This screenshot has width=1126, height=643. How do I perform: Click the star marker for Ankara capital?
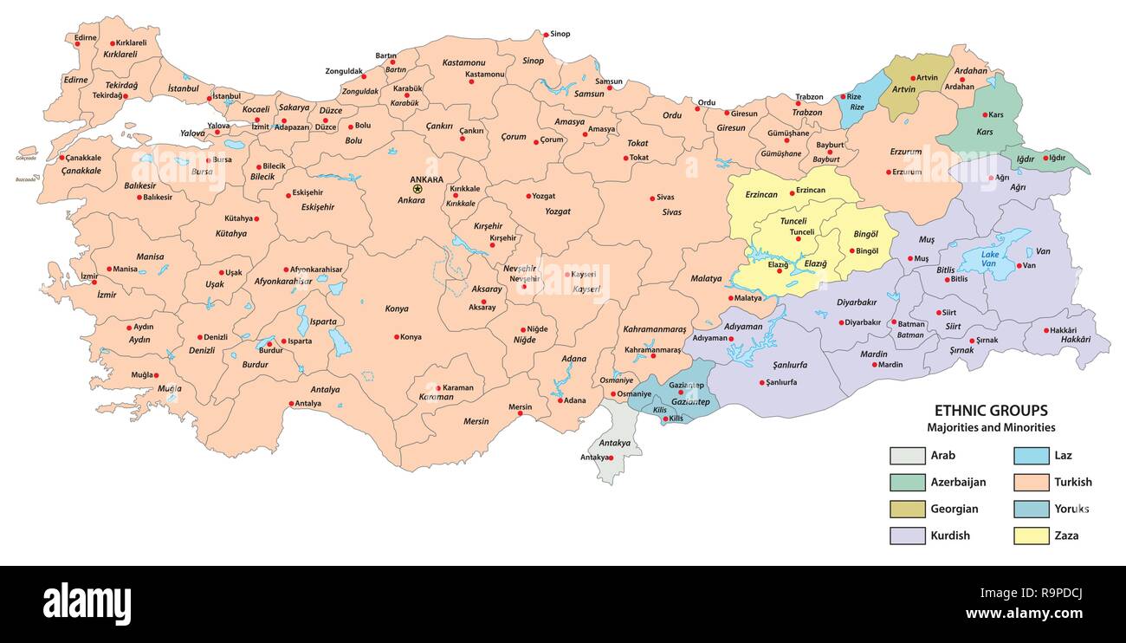coord(417,189)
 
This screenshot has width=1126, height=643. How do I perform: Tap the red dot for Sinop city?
coord(545,35)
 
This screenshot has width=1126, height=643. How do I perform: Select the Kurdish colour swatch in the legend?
coord(903,536)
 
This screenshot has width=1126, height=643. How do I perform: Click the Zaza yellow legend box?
coord(1026,536)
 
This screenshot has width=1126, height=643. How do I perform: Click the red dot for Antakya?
coord(611,458)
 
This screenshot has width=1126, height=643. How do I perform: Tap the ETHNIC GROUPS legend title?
coord(990,411)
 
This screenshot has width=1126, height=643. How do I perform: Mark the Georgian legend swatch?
coord(903,509)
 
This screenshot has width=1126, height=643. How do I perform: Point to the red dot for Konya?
coord(397,337)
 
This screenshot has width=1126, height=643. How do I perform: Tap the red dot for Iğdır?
coord(1045,158)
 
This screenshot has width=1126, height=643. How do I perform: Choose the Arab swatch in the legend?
coord(903,455)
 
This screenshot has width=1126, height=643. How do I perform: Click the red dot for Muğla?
coord(157,375)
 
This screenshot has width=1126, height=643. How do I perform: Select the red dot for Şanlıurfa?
coord(762,382)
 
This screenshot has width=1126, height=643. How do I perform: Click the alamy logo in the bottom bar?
coord(87,604)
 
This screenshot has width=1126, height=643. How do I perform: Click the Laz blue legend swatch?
coord(1026,455)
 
